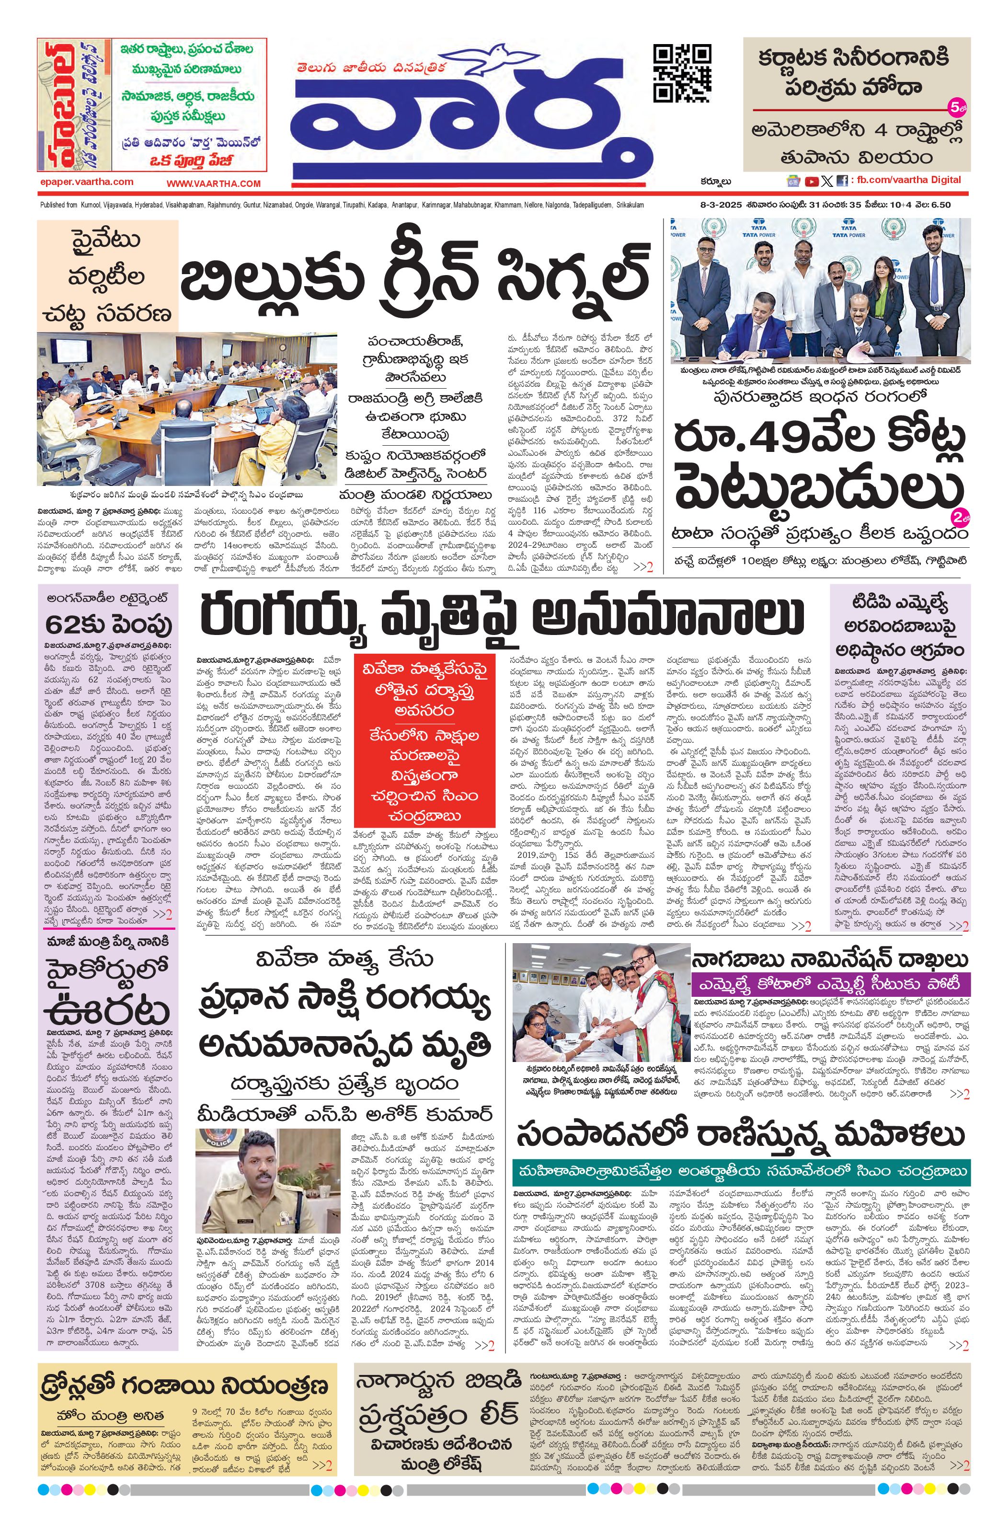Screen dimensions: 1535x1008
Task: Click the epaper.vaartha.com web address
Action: click(x=86, y=182)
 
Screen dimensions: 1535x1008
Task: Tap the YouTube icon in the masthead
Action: click(x=811, y=181)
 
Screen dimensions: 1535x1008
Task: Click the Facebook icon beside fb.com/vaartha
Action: click(x=842, y=181)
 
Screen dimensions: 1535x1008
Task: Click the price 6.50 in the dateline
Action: click(x=939, y=205)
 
